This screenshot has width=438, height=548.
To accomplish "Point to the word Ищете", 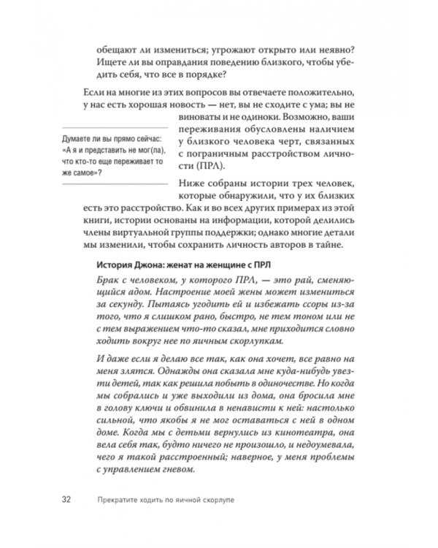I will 110,65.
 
